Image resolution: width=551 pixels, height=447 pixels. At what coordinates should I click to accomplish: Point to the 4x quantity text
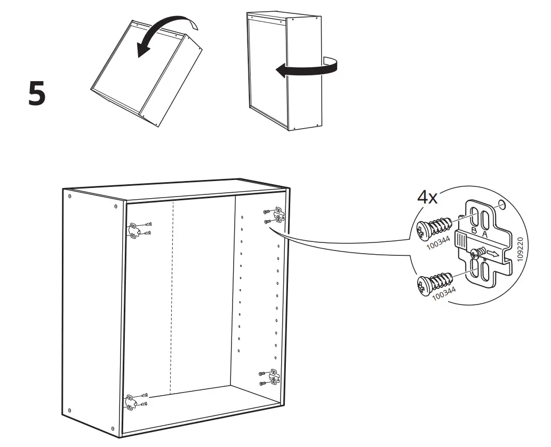(427, 198)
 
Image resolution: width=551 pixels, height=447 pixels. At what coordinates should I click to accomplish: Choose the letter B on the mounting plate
(473, 231)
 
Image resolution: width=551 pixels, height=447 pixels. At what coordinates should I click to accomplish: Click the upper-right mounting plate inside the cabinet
(277, 215)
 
